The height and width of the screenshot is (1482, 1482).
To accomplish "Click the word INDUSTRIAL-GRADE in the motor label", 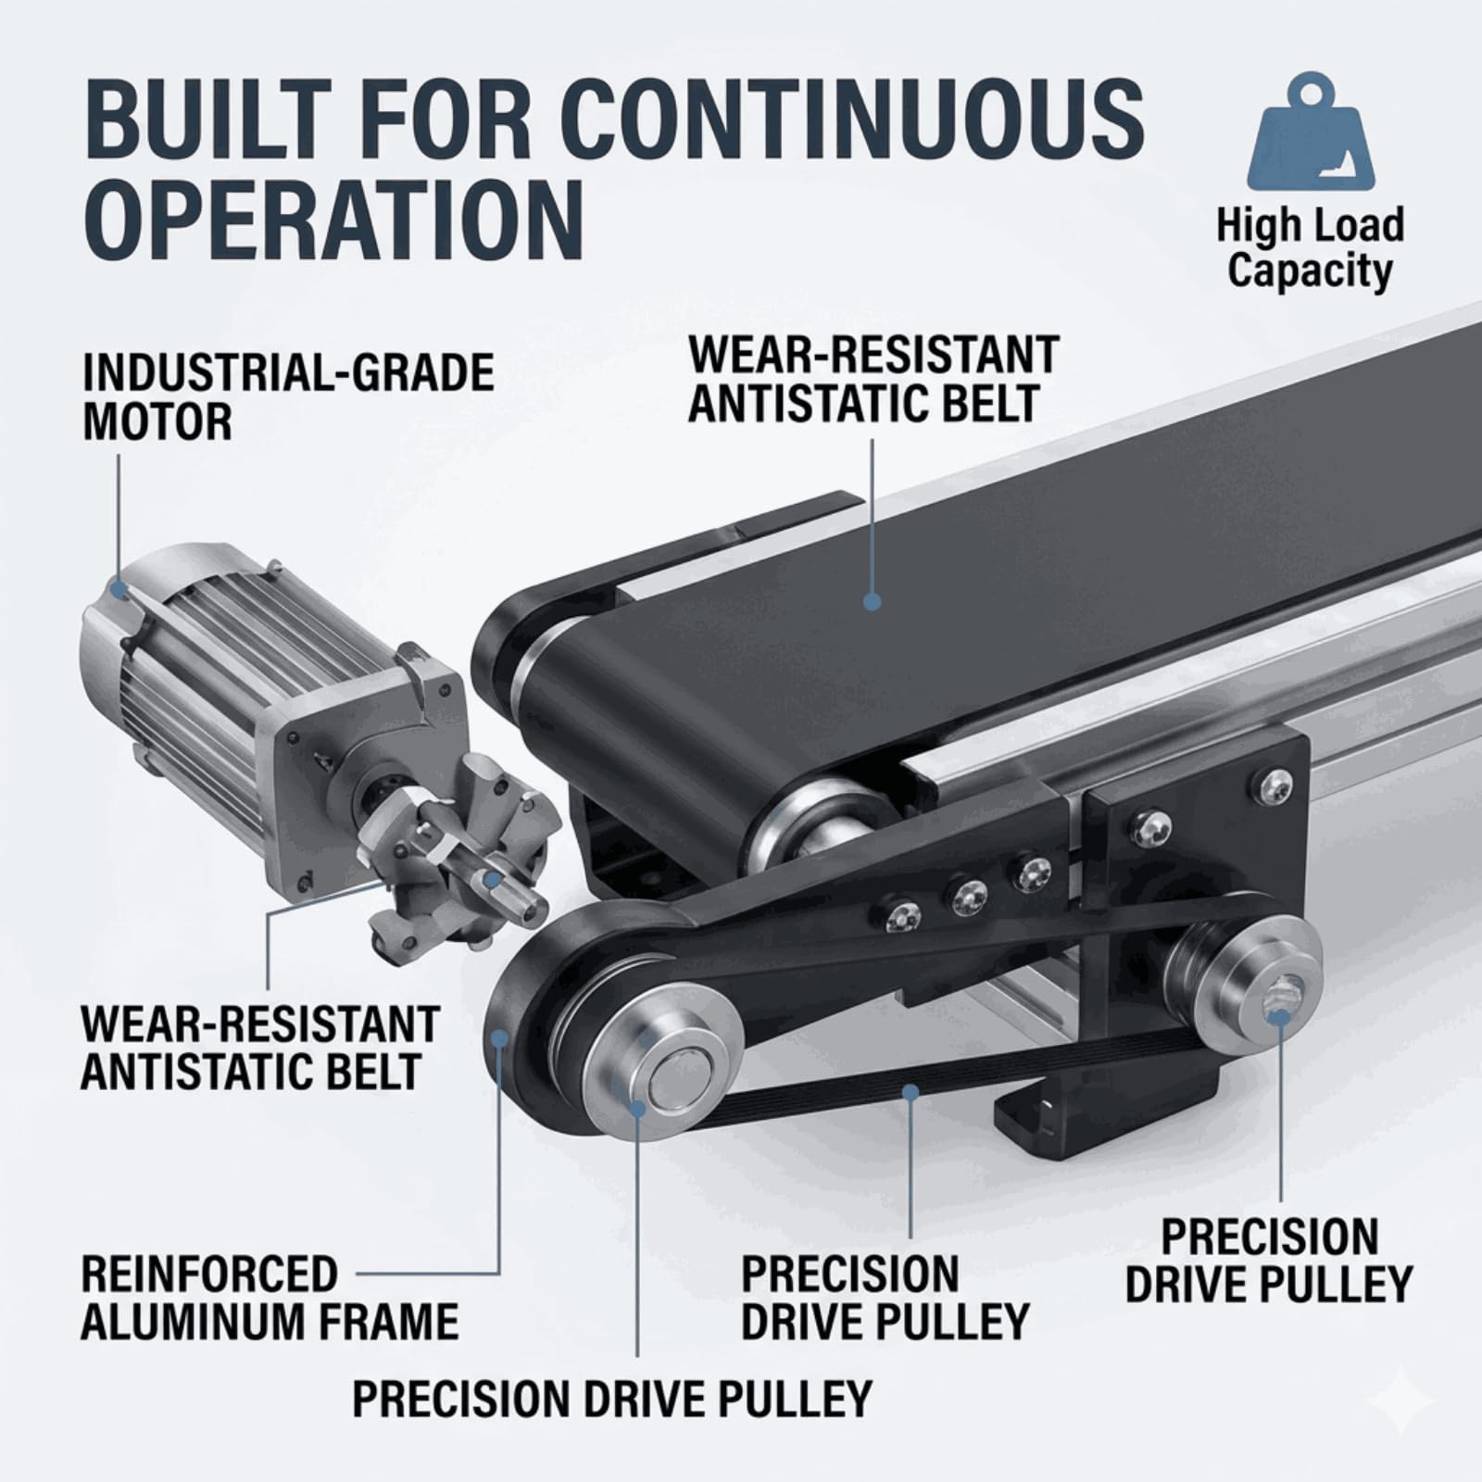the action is pyautogui.click(x=288, y=373).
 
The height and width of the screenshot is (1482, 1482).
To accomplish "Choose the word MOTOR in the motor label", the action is pyautogui.click(x=157, y=421).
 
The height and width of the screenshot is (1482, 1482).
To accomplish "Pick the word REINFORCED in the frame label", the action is pyautogui.click(x=209, y=1274).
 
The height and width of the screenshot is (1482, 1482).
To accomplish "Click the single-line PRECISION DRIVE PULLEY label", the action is pyautogui.click(x=612, y=1398).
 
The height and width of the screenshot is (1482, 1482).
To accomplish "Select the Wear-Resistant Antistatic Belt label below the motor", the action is pyautogui.click(x=259, y=1048).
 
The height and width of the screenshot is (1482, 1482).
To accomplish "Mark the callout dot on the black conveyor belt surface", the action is pyautogui.click(x=871, y=600).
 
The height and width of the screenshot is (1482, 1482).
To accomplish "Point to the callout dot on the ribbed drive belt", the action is pyautogui.click(x=912, y=1093).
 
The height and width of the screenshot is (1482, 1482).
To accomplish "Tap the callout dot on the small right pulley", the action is pyautogui.click(x=1279, y=1017).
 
